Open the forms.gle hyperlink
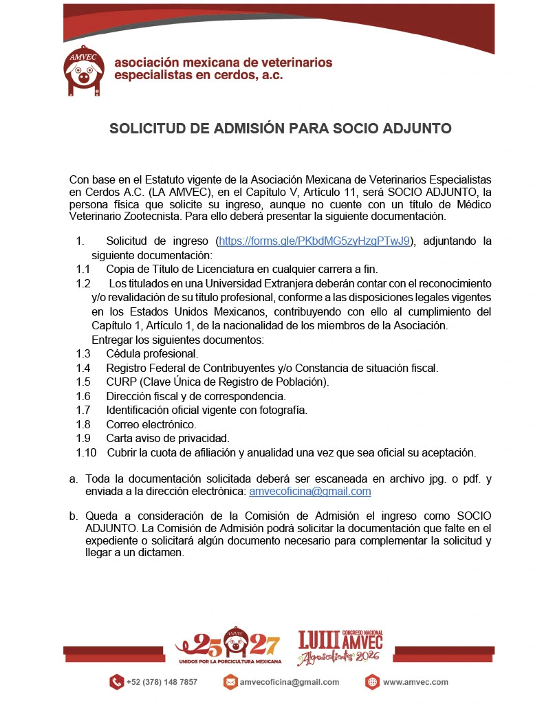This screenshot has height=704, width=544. [315, 241]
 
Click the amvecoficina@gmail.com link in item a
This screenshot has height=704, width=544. [310, 491]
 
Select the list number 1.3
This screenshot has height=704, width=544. [83, 354]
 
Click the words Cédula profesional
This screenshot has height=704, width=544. [152, 354]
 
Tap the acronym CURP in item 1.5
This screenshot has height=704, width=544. [120, 382]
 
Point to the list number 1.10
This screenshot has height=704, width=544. [86, 452]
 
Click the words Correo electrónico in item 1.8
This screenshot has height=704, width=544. [151, 424]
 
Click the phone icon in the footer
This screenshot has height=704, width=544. [116, 682]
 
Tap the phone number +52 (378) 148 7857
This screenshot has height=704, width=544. [162, 682]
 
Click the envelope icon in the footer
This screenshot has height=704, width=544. [230, 682]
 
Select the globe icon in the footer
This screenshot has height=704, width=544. [372, 682]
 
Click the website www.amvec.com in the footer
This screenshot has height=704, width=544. [415, 682]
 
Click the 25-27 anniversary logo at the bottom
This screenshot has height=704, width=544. [229, 647]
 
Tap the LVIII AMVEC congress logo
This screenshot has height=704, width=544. [340, 647]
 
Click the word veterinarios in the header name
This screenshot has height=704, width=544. [294, 63]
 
